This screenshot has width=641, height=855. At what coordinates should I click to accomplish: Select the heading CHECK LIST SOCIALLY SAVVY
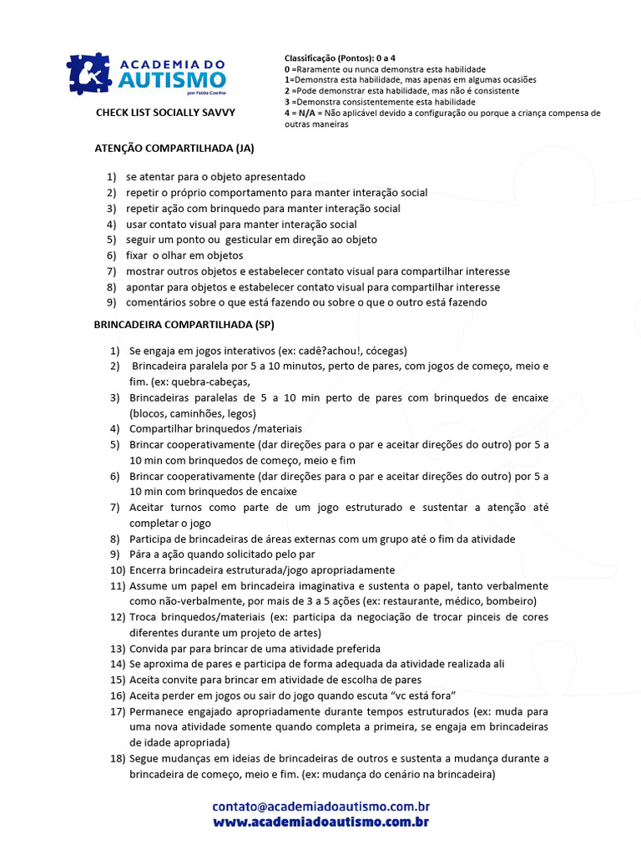[165, 111]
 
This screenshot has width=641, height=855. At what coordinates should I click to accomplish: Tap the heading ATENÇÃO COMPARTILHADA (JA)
[174, 149]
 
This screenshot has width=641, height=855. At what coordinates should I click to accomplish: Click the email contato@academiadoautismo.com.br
[321, 807]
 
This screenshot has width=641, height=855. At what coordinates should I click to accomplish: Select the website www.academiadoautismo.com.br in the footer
[321, 822]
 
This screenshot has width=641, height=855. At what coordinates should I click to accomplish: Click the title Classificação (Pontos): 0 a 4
[340, 58]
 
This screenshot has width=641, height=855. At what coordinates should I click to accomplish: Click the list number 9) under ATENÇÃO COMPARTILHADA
[110, 302]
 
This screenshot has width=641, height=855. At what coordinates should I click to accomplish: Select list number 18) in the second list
[117, 758]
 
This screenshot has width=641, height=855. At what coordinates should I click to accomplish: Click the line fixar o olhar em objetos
[184, 255]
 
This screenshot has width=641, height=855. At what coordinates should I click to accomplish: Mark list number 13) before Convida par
[117, 648]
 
